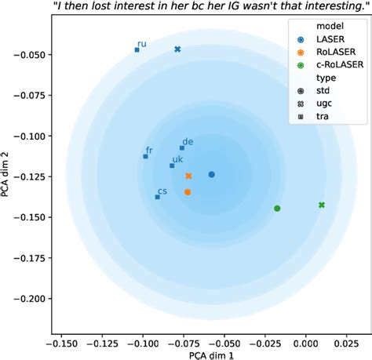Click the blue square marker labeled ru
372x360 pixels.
pyautogui.click(x=137, y=49)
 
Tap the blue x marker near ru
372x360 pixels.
pyautogui.click(x=177, y=49)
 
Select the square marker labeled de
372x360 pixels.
pyautogui.click(x=182, y=147)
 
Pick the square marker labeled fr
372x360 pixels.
pyautogui.click(x=145, y=156)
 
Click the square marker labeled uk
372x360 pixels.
pyautogui.click(x=172, y=165)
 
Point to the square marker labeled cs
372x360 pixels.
pyautogui.click(x=157, y=197)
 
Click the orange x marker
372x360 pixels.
pyautogui.click(x=188, y=176)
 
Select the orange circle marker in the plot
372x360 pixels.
pyautogui.click(x=188, y=191)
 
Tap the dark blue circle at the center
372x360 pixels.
pyautogui.click(x=211, y=174)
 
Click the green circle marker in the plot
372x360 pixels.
pyautogui.click(x=277, y=209)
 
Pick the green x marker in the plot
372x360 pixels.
pyautogui.click(x=322, y=205)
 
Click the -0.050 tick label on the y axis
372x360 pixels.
pyautogui.click(x=29, y=54)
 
